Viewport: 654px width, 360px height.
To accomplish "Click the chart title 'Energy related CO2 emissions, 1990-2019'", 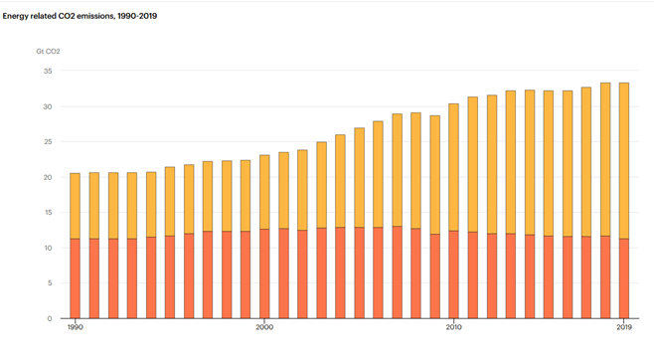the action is tap(80, 16).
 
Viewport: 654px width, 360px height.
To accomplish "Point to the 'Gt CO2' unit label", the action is tap(48, 52).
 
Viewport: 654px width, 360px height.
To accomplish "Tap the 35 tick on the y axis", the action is tap(48, 72).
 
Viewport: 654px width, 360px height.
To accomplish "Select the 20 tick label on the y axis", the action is tap(48, 177).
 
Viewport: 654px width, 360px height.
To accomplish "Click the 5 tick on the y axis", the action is tap(50, 283).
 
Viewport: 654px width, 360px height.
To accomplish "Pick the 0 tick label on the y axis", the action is tap(50, 318).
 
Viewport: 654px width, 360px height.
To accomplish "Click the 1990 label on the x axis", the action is tap(76, 327).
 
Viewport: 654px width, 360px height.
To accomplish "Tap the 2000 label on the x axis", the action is tap(264, 327).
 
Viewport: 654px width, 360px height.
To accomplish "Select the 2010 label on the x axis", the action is tap(453, 327).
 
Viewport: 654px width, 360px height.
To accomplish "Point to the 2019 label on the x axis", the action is tap(624, 327).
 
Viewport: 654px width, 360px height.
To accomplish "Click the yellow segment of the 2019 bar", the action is tap(624, 161).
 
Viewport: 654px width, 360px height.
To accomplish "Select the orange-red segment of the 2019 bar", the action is tap(624, 278).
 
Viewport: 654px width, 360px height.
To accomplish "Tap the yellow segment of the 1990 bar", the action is tap(76, 206).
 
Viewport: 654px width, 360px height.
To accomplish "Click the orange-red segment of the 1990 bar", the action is tap(76, 278).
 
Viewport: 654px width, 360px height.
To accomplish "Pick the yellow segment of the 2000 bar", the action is tap(264, 192).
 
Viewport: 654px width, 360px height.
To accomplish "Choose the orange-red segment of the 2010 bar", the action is tap(453, 274).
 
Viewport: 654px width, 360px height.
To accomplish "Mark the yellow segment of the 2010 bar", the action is tap(453, 168).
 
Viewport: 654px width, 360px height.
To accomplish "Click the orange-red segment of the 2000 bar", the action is tap(264, 273).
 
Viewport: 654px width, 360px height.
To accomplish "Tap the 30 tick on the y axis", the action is tap(48, 106).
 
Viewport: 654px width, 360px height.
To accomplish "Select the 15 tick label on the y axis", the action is tap(48, 213).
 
